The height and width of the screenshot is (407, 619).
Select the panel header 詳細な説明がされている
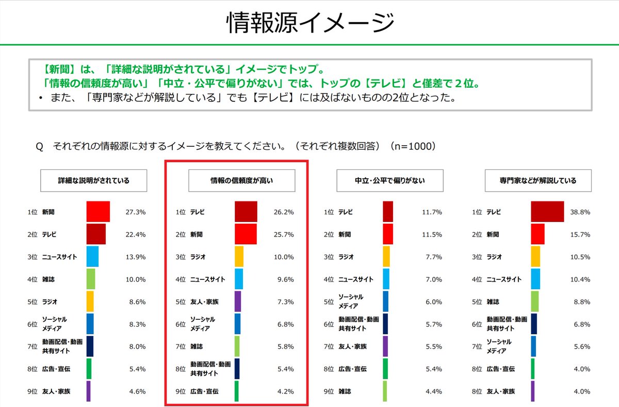93,181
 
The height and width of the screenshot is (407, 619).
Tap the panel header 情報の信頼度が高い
241,181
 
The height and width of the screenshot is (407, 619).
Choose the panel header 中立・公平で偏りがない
390,181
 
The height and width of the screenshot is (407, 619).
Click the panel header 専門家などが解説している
538,181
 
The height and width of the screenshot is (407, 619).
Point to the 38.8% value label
581,212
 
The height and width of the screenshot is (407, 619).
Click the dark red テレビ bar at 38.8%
547,212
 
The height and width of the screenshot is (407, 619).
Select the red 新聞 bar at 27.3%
98,212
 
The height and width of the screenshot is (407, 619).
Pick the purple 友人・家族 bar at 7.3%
238,301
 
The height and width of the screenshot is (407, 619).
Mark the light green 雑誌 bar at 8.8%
535,301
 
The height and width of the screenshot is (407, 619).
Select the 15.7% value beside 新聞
581,234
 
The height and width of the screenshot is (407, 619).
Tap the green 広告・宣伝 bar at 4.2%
237,391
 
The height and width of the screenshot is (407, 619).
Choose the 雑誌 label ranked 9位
345,391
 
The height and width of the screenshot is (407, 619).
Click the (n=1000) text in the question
413,147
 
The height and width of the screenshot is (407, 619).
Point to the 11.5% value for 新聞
432,234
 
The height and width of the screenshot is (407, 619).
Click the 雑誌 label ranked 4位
48,279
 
